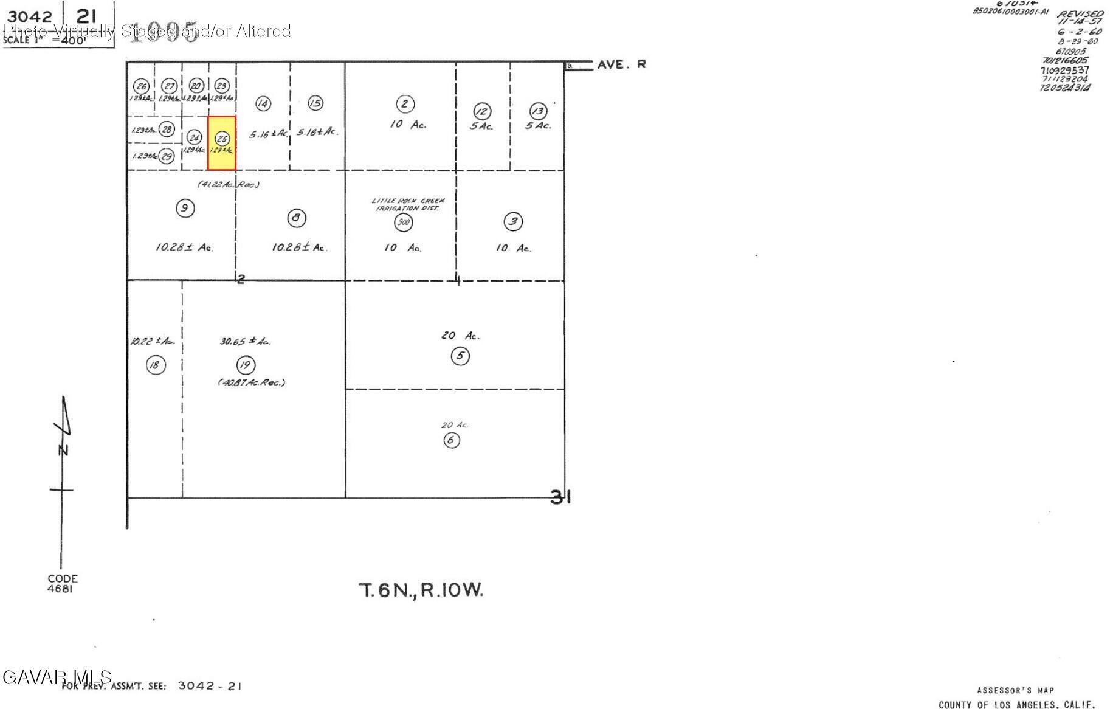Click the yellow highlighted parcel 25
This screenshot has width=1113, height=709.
pos(222,144)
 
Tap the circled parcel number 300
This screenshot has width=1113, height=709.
pos(403,222)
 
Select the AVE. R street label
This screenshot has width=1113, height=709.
pos(621,64)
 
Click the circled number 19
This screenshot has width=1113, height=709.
pos(246,365)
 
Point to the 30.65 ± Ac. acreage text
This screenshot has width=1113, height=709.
pos(246,342)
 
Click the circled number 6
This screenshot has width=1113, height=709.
pos(451,440)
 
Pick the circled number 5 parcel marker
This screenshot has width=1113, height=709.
pos(460,356)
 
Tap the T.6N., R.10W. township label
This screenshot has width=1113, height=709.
pos(421,590)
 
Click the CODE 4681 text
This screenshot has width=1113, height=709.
pos(63,583)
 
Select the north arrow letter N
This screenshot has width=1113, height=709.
pos(63,451)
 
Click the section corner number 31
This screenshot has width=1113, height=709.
pos(560,497)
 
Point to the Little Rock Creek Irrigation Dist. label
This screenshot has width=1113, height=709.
pos(408,204)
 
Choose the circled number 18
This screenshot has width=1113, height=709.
pos(156,365)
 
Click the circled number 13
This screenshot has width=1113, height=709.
pos(538,111)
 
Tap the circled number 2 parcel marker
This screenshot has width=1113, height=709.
pos(405,104)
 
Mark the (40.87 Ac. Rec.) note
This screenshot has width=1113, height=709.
pos(252,382)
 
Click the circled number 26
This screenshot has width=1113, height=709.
pos(142,86)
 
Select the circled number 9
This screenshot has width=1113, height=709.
pos(185,209)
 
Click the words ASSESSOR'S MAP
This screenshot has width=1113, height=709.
pos(1015,690)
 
